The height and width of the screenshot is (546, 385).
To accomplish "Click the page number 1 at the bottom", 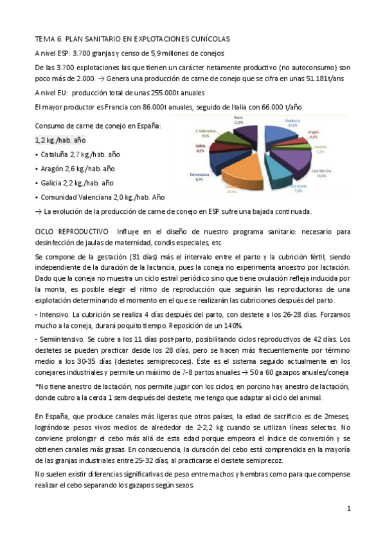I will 348,508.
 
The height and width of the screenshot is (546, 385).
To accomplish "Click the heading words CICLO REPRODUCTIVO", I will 71,231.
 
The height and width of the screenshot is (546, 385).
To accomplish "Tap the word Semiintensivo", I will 61,338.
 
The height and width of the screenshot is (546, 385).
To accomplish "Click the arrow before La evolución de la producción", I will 38,211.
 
